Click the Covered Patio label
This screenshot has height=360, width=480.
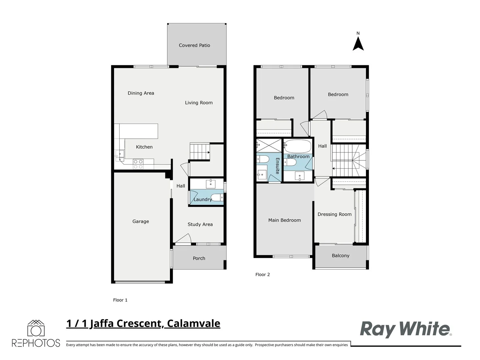(x=194, y=45)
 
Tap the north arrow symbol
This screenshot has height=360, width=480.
(x=358, y=44)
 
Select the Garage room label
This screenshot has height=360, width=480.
(x=141, y=221)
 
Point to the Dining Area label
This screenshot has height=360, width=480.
(x=141, y=93)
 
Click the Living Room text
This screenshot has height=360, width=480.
(x=199, y=103)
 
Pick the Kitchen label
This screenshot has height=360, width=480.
(x=144, y=147)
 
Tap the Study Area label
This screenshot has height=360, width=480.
(x=200, y=224)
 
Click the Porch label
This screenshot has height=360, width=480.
(x=199, y=258)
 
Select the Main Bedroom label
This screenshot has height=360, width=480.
(x=284, y=220)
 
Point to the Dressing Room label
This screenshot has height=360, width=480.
(x=334, y=214)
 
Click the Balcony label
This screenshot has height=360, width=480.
(x=340, y=256)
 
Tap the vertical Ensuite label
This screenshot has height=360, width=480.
(x=277, y=166)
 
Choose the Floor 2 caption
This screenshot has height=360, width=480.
(x=262, y=275)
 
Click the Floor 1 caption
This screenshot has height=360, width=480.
(x=120, y=300)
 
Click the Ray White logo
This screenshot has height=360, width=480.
(x=405, y=329)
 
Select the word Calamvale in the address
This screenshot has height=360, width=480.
(x=193, y=323)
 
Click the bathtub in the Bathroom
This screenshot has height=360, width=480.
(x=298, y=146)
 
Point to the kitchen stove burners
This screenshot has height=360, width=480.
(x=138, y=164)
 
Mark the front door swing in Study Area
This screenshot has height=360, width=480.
(x=183, y=239)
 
